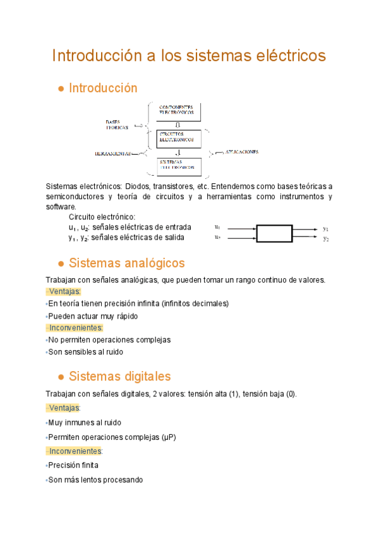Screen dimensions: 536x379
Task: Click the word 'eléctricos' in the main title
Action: coord(289,56)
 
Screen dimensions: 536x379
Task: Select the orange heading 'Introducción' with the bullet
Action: coord(102,88)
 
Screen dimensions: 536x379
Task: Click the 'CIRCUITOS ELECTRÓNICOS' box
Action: coord(179,138)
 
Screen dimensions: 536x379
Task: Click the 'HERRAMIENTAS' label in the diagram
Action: coord(114,154)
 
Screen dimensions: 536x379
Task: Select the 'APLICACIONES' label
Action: coord(238,152)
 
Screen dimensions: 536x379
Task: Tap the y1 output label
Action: coord(326,228)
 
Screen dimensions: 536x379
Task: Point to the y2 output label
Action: coord(326,238)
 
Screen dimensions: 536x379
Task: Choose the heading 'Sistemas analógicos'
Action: coord(126,262)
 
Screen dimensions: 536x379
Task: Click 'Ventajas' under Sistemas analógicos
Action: coord(64,291)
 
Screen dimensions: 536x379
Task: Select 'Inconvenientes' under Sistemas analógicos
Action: coord(75,327)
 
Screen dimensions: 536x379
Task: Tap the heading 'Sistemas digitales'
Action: coord(119,377)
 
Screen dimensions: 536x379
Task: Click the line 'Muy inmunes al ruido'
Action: coord(85,422)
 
